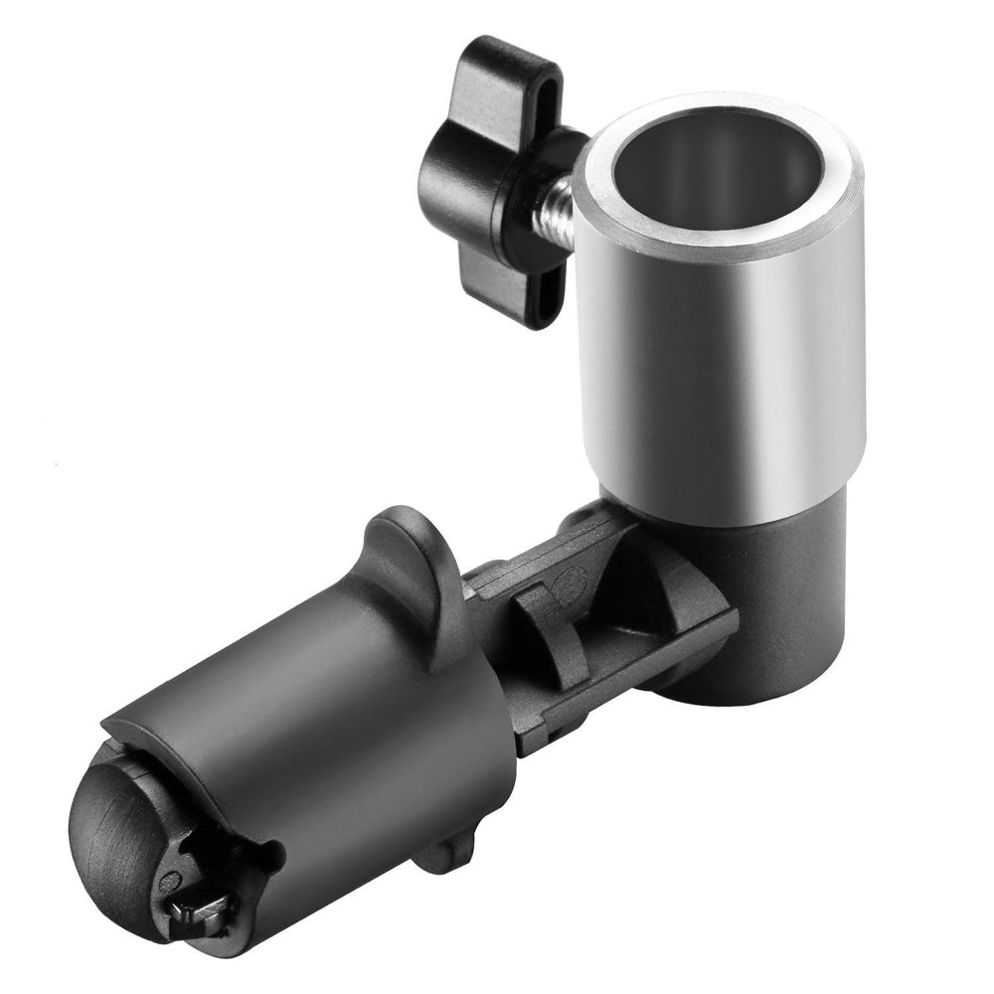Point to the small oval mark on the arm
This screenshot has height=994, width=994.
coord(570,579)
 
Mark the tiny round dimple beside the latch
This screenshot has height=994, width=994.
coord(172,880)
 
